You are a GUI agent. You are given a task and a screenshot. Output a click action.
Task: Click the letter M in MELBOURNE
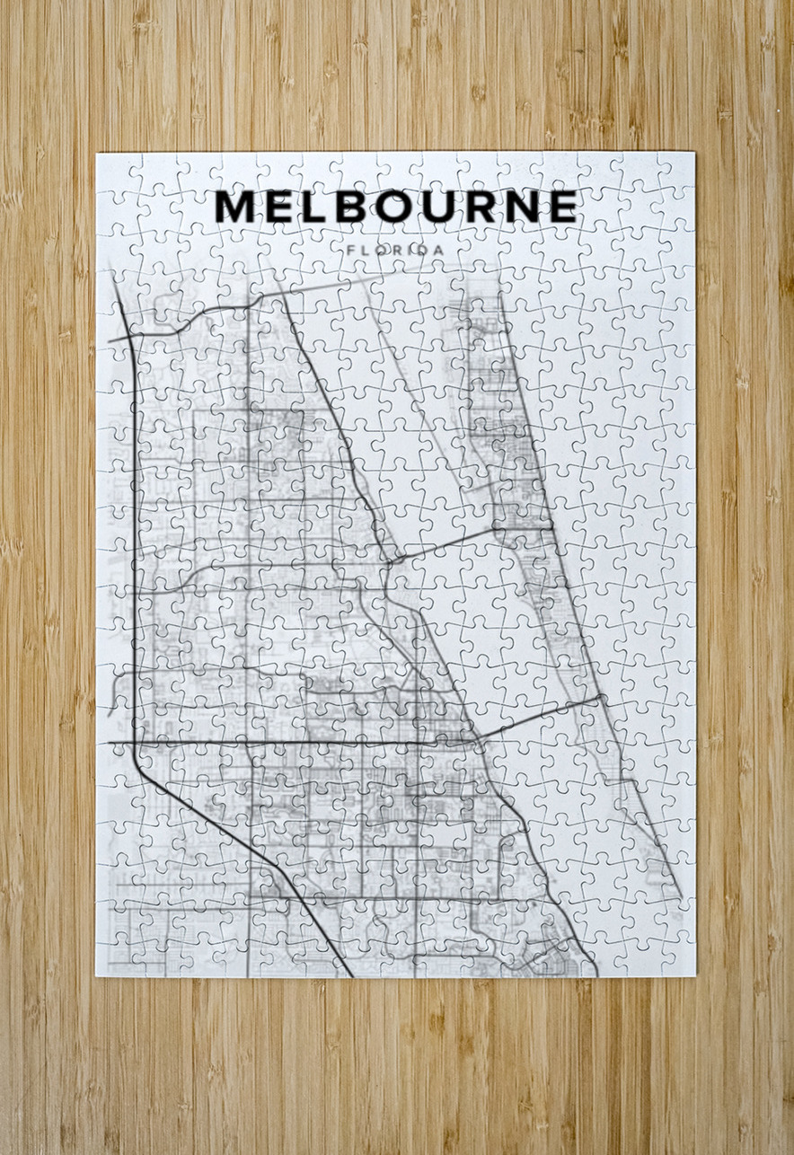(235, 207)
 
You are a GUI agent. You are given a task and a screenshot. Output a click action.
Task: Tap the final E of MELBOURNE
(563, 207)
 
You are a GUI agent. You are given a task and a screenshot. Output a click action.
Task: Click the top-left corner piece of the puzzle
(113, 169)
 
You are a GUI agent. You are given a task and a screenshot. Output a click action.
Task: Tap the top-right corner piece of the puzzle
(678, 169)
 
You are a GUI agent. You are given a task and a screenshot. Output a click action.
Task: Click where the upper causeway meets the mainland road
(388, 562)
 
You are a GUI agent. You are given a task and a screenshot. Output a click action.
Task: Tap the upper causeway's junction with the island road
(550, 529)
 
